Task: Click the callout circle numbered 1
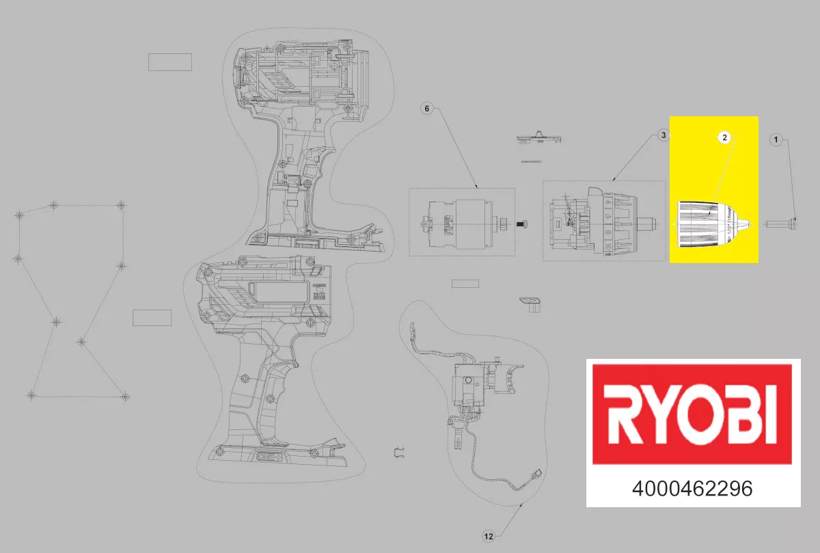click(x=775, y=139)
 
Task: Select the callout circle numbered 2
click(x=724, y=137)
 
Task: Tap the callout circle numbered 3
click(x=662, y=136)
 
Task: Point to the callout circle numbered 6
click(x=427, y=109)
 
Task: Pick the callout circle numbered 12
click(x=488, y=537)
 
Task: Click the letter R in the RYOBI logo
click(x=622, y=414)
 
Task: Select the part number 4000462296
click(x=692, y=489)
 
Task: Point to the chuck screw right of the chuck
click(x=782, y=223)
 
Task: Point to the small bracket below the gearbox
click(x=530, y=302)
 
